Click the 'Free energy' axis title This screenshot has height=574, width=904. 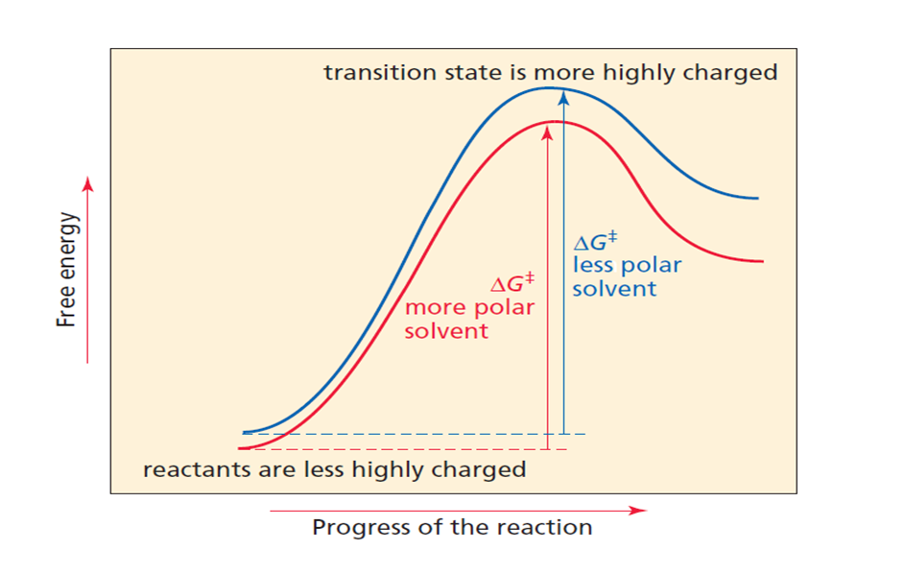[x=66, y=270]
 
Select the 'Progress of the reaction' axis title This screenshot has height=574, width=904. [x=452, y=528]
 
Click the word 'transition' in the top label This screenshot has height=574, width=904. [x=369, y=73]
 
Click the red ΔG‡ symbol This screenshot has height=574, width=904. [x=511, y=285]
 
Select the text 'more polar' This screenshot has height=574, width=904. [x=469, y=308]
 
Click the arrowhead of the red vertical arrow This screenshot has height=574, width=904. [x=547, y=132]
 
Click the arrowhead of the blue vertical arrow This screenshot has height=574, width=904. [x=564, y=96]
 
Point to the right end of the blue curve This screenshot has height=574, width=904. [x=757, y=198]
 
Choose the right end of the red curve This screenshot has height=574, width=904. [x=762, y=261]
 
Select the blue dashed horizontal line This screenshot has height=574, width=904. [x=413, y=435]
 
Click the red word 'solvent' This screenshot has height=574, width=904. [x=446, y=331]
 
